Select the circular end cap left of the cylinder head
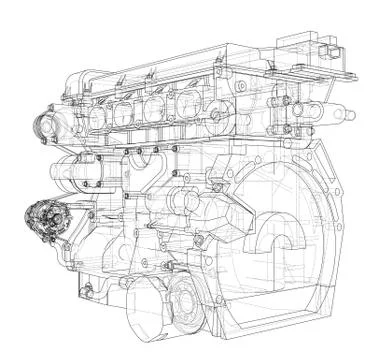(x=46, y=127)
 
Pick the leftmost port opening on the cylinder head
(x=98, y=116)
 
